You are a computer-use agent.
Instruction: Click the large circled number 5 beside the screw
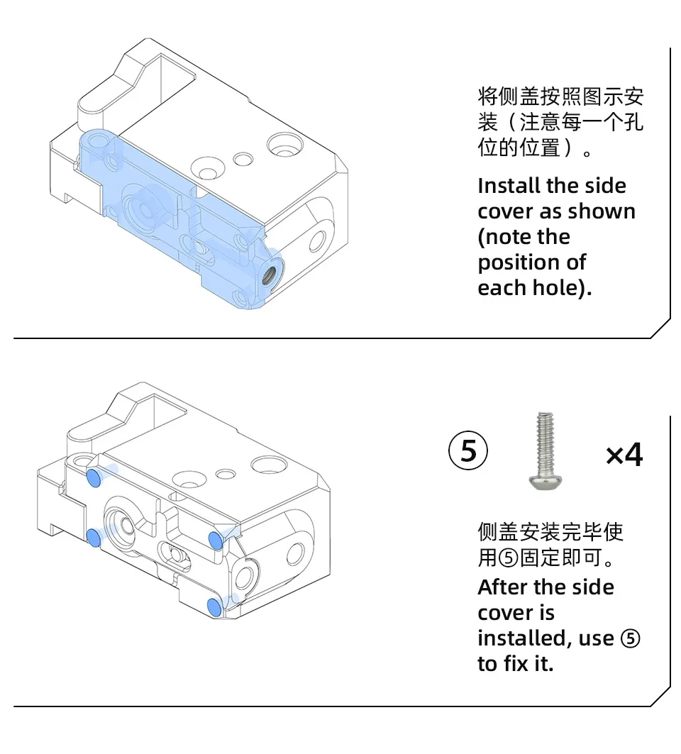469,452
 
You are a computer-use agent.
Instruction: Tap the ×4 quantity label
624,455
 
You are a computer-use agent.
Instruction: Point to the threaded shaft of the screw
546,441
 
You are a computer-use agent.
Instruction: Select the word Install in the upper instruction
509,187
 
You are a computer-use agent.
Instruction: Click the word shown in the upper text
602,212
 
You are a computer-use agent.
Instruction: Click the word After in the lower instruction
502,588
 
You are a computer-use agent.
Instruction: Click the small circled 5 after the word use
630,639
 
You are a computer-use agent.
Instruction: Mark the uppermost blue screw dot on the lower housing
93,479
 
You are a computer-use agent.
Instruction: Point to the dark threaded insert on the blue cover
270,272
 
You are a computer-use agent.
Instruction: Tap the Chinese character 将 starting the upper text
488,96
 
